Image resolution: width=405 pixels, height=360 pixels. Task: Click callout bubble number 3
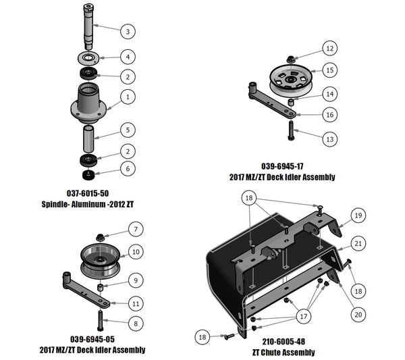tap(128, 31)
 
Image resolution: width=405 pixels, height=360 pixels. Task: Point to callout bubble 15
tap(329, 70)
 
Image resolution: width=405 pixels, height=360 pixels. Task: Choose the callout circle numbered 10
tap(136, 252)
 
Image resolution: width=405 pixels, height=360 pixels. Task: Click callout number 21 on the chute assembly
tap(358, 244)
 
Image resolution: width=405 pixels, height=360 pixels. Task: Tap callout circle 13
tap(329, 139)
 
